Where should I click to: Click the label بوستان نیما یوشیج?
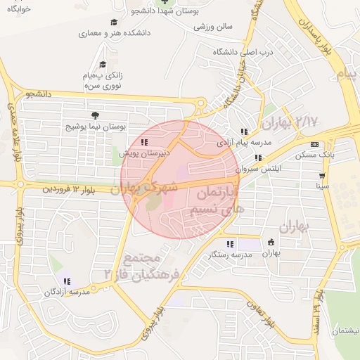point(94,127)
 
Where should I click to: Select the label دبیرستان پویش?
point(143,151)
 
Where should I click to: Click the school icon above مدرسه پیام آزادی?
point(243,131)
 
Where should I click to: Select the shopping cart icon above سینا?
point(322,176)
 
